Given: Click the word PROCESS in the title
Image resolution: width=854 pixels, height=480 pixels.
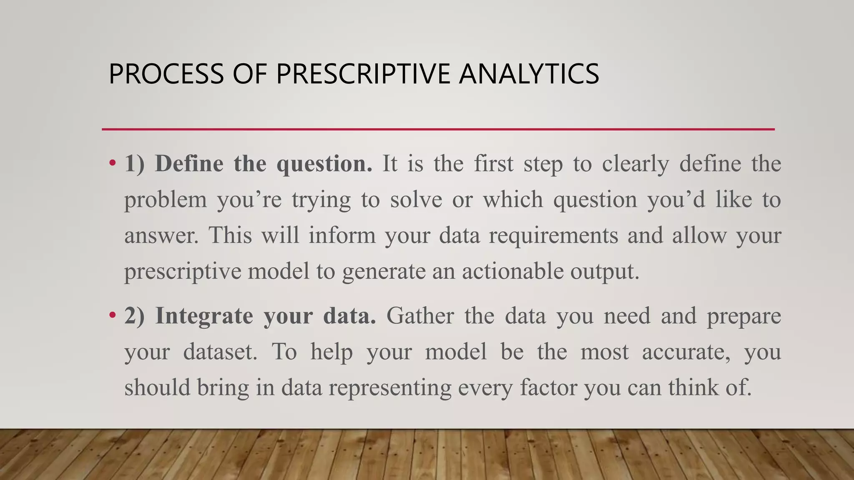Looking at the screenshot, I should click(x=166, y=74).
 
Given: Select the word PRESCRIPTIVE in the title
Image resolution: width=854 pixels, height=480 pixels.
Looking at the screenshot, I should click(x=363, y=74).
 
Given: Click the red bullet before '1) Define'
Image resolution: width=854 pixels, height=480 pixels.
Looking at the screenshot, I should click(x=112, y=163).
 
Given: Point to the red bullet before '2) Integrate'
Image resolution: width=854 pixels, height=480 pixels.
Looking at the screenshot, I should click(x=112, y=315).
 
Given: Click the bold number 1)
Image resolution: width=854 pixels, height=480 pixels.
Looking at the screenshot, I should click(x=134, y=163).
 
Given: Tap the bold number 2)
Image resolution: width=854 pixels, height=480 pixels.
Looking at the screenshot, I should click(x=134, y=316).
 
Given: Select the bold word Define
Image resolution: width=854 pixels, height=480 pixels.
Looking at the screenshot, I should click(x=189, y=163).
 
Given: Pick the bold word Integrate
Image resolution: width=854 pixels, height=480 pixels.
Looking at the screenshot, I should click(x=204, y=316).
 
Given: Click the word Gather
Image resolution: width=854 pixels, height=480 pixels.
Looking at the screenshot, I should click(x=420, y=316).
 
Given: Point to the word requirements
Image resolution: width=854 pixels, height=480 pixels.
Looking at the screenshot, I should click(x=553, y=235).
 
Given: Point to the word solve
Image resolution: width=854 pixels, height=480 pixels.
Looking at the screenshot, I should click(x=416, y=200).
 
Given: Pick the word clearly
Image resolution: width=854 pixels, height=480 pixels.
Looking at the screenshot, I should click(x=635, y=163).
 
